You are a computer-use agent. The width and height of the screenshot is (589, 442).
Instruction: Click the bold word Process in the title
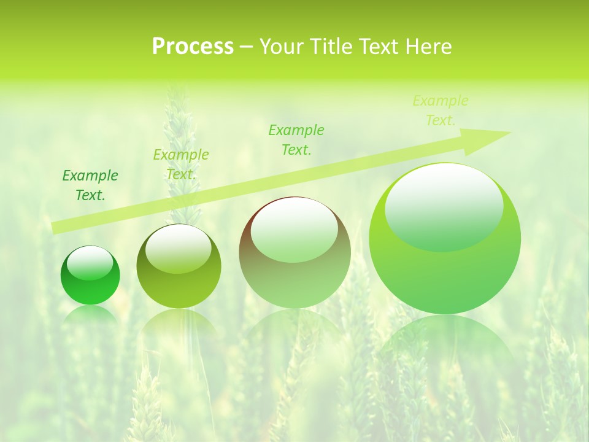pos(193,47)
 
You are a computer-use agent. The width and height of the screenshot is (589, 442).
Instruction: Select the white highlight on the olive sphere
pos(179,248)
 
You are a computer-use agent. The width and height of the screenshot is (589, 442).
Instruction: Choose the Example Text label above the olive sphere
pos(181,165)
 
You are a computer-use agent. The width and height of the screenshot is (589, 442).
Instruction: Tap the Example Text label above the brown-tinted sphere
pos(296,139)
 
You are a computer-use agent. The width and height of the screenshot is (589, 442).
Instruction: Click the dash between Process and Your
pos(246,47)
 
